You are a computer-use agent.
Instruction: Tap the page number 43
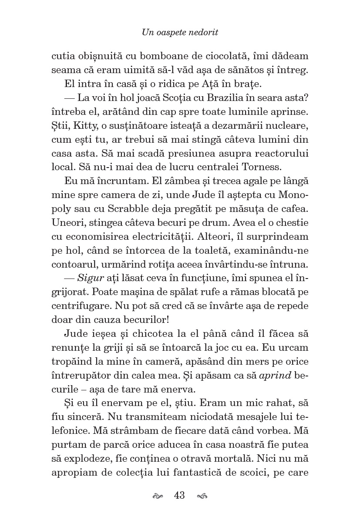[179, 495]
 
